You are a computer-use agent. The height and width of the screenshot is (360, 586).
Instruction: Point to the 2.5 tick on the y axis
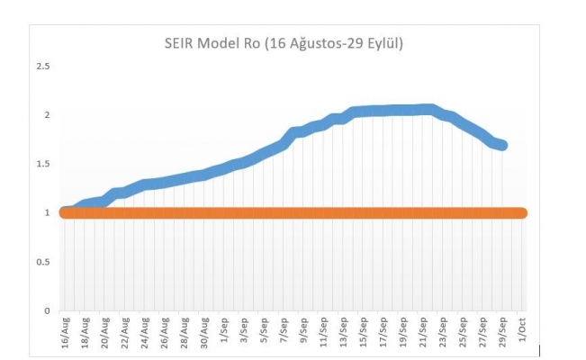click(x=41, y=67)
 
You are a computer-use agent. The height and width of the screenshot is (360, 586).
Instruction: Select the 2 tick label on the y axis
click(x=45, y=115)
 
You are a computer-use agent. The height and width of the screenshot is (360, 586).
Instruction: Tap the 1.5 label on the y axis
click(x=41, y=164)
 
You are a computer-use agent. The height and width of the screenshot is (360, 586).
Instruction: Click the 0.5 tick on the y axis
click(x=41, y=262)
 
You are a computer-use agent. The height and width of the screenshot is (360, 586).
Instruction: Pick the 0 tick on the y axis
click(x=45, y=310)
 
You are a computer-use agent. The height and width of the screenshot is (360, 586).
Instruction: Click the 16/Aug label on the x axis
click(x=64, y=334)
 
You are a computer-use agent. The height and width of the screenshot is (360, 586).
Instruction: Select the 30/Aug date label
click(x=203, y=334)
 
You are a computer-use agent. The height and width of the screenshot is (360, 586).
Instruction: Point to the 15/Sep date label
click(x=363, y=334)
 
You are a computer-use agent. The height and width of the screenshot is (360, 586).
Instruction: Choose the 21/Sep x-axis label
click(x=422, y=334)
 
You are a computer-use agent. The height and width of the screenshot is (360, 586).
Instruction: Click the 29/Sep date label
click(x=501, y=334)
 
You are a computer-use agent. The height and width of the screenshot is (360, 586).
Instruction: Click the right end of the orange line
click(x=522, y=213)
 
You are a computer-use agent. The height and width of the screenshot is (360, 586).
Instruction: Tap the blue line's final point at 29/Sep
click(x=501, y=145)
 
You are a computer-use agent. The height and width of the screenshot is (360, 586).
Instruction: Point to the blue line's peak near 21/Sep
click(x=428, y=110)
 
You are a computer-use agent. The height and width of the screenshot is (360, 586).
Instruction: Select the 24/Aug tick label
click(x=144, y=334)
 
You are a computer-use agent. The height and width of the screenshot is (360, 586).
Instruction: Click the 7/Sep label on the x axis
click(x=283, y=333)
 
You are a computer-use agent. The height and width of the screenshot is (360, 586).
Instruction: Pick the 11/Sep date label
click(x=323, y=334)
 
